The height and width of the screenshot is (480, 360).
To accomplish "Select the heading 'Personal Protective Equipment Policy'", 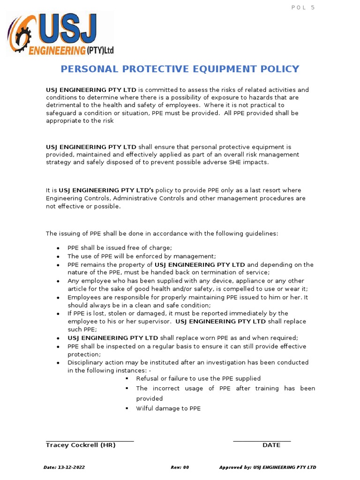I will click(180, 69).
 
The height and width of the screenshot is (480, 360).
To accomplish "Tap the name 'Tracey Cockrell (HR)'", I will click(81, 445).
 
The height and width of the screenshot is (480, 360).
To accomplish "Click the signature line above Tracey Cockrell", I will click(90, 441).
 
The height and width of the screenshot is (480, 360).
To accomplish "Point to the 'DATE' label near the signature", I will click(271, 445).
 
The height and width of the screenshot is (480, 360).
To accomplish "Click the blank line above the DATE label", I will click(262, 441).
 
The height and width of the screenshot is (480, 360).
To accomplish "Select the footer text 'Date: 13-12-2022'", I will click(64, 467).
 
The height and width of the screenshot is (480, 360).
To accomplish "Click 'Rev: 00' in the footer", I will click(180, 467).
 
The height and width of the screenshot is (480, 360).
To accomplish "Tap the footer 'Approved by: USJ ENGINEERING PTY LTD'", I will click(267, 467).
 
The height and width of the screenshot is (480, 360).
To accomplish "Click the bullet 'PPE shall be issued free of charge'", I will click(120, 248).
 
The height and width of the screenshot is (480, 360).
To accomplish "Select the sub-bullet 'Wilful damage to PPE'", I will click(168, 408).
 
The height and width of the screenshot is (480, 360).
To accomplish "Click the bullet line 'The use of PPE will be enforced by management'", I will click(142, 256).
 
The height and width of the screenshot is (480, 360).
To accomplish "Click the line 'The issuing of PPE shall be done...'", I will click(162, 233).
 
